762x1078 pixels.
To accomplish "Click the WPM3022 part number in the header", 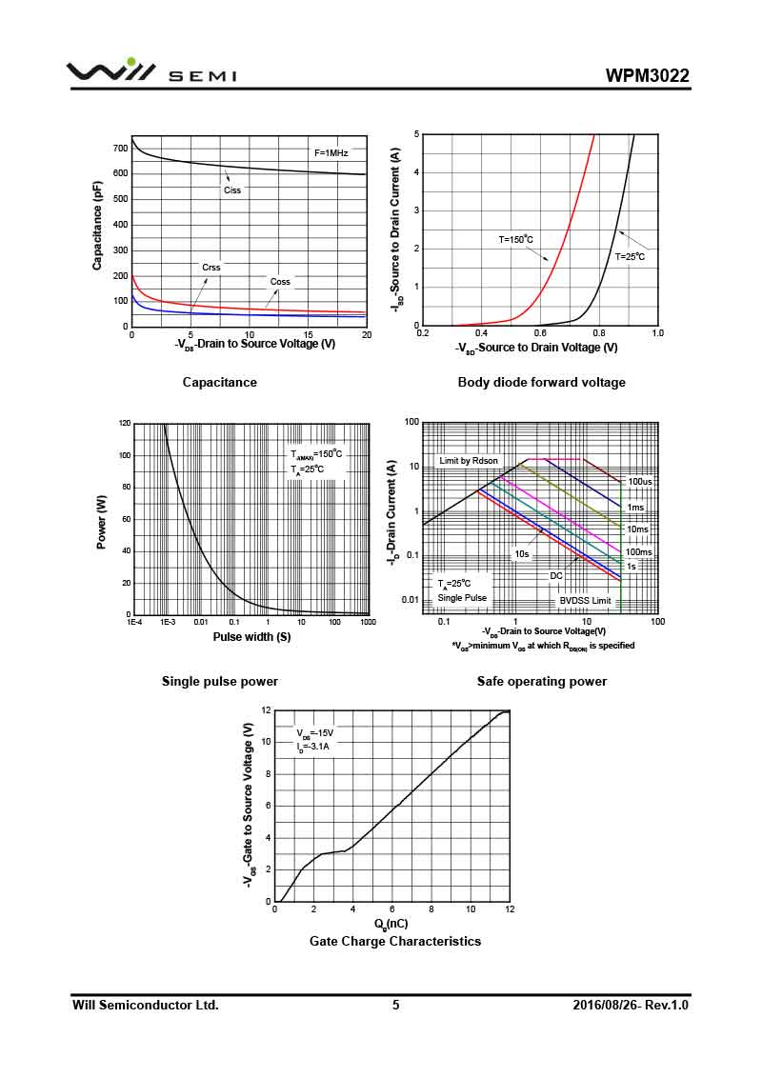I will (x=647, y=76).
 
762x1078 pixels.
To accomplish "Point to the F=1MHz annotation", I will (x=331, y=152).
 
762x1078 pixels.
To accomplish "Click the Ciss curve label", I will (x=232, y=190).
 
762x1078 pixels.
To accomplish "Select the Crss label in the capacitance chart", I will (x=211, y=268).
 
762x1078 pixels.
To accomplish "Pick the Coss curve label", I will (x=280, y=282).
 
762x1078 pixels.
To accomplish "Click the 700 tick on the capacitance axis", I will (x=120, y=149).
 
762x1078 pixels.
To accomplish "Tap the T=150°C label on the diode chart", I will (x=515, y=240).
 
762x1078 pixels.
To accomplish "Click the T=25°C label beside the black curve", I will (x=630, y=257).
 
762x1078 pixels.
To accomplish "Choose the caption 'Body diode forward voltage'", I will (x=541, y=382).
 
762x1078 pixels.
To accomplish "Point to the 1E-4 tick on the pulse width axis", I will (x=134, y=622).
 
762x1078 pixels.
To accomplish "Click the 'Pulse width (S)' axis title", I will (x=251, y=636).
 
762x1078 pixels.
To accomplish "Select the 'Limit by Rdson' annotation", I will (x=468, y=461).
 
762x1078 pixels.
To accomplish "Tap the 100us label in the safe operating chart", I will (x=640, y=482).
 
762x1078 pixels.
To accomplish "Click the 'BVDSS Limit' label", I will (x=585, y=601).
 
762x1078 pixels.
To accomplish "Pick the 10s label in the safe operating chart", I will (x=522, y=553).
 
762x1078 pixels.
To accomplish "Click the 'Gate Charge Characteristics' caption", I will (x=395, y=941).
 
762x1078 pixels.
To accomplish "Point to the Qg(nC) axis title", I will (x=391, y=924).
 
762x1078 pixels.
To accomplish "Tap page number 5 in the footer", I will (x=396, y=1005).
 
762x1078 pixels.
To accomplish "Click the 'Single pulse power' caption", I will (x=220, y=681).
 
